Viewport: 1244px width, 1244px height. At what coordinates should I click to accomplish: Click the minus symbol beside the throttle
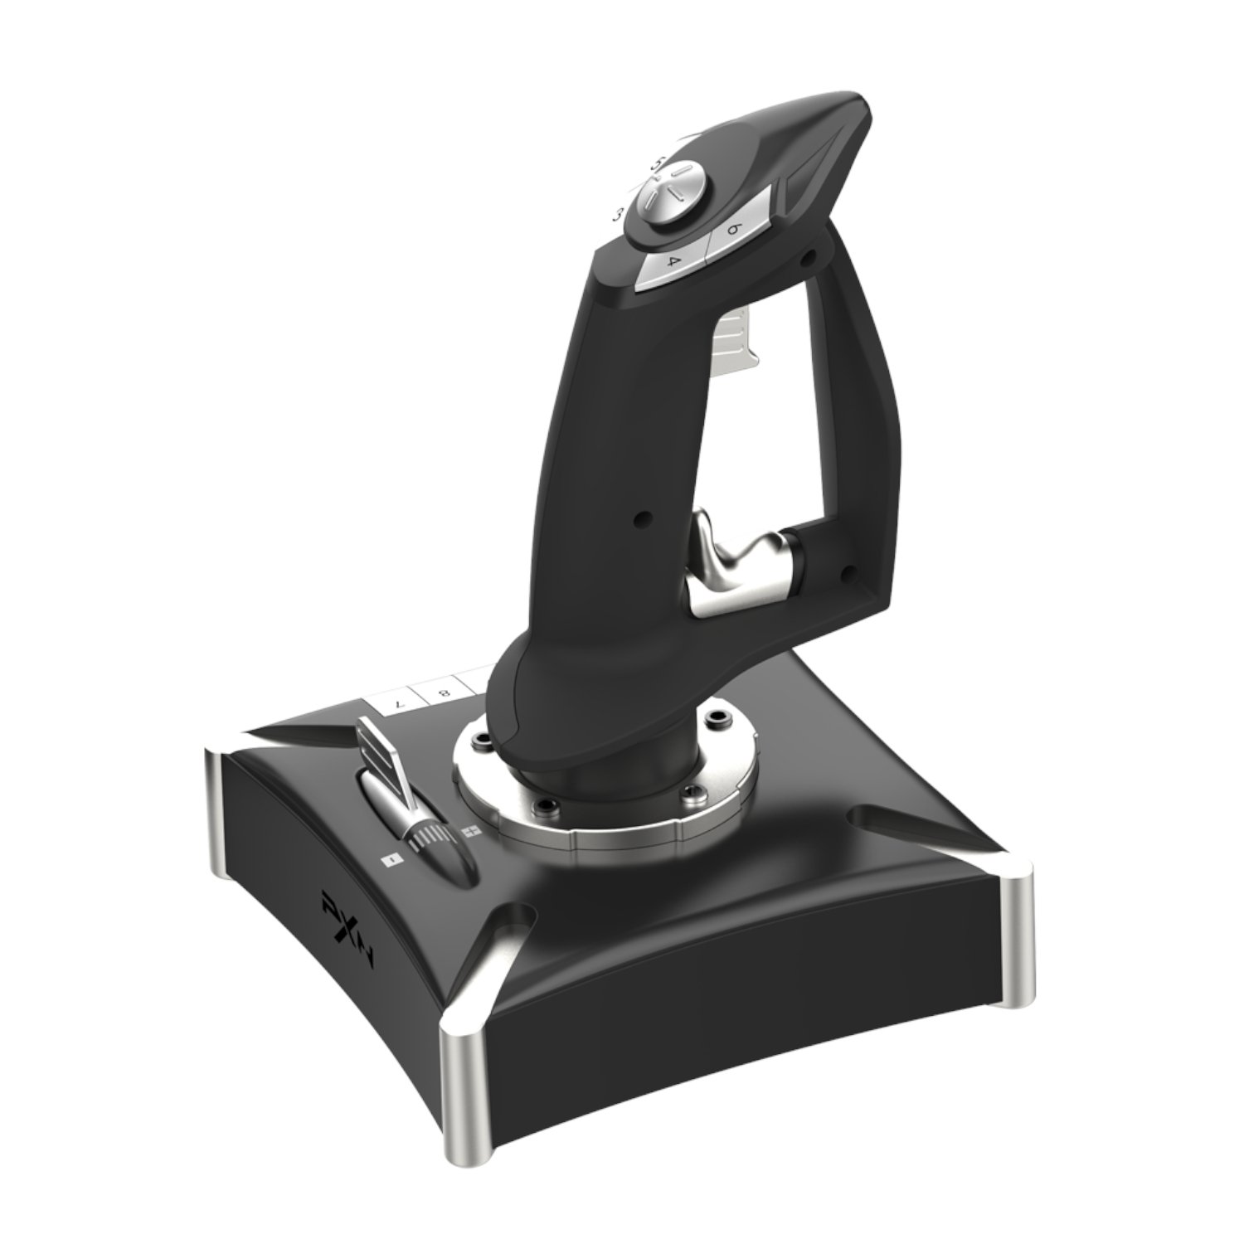387,862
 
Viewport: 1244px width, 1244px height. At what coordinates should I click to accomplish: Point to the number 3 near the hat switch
618,215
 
